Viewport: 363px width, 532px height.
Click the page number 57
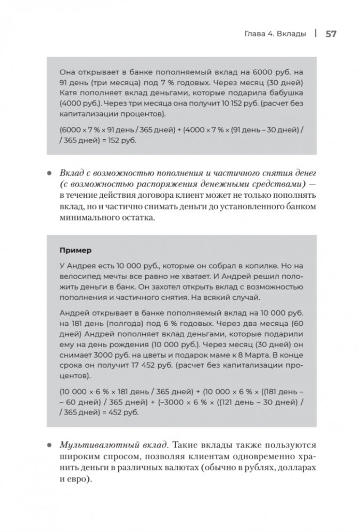click(x=330, y=34)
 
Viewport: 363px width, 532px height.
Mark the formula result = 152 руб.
click(x=120, y=140)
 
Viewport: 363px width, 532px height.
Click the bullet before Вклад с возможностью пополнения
click(x=49, y=174)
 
